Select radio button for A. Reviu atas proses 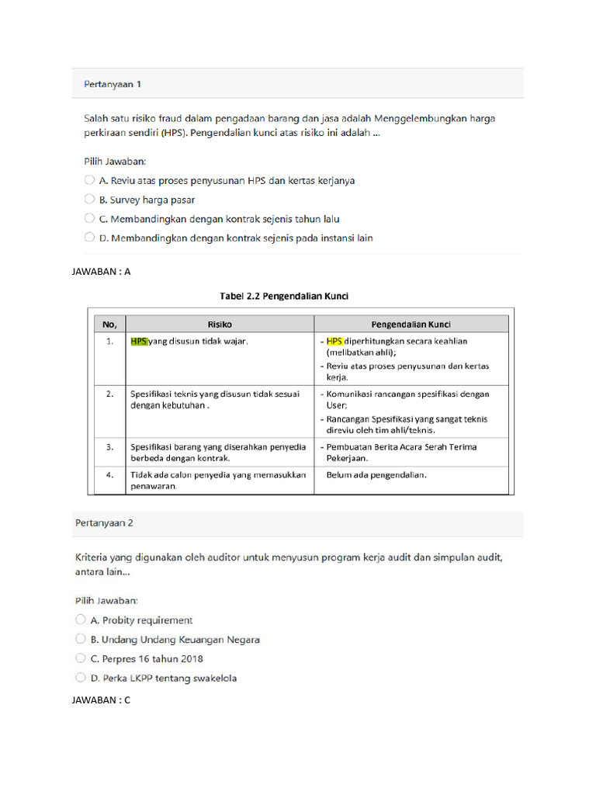pos(90,180)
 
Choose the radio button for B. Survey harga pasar pos(90,200)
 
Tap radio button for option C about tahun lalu pos(90,219)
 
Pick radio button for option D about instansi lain pos(90,238)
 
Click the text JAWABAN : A pos(102,271)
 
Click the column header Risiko pos(219,324)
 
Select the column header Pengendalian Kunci pos(411,324)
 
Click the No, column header pos(109,324)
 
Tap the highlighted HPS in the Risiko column pos(139,341)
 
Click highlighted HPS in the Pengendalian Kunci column pos(334,341)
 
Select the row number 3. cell pos(109,446)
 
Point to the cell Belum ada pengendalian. pos(376,474)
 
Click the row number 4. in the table pos(109,474)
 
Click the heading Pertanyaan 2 pos(104,523)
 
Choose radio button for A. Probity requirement pos(81,620)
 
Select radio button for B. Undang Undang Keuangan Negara pos(81,639)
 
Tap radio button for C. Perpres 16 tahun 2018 pos(81,658)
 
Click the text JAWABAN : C pos(102,700)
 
